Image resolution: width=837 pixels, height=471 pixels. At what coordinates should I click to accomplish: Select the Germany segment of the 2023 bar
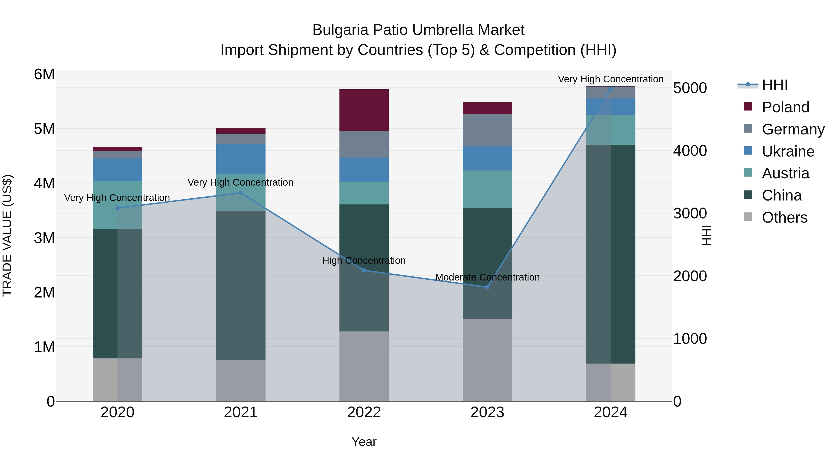pos(487,130)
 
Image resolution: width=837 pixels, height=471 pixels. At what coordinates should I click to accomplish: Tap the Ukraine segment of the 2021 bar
pos(241,159)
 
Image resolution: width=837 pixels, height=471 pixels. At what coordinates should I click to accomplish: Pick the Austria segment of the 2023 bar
pos(487,189)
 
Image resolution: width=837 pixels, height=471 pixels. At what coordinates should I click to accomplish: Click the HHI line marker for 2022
pos(364,271)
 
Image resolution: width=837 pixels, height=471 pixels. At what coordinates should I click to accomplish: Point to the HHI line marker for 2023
pos(487,287)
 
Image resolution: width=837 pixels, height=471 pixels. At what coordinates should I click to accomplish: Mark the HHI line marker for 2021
pos(241,193)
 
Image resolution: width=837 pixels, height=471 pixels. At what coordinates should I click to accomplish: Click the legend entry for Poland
pos(785,107)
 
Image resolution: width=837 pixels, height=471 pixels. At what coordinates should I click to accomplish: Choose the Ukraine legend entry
pos(788,151)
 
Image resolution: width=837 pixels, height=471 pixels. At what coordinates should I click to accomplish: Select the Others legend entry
pos(784,217)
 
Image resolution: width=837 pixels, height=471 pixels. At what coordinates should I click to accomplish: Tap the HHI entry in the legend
pos(775,85)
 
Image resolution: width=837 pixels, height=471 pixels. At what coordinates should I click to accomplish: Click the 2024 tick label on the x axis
pos(611,412)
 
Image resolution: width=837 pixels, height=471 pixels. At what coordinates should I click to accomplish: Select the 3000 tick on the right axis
pos(690,214)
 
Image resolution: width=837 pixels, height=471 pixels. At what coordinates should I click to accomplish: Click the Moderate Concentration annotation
pos(487,277)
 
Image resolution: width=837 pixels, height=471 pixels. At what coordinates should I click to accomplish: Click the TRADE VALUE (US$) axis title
pos(7,235)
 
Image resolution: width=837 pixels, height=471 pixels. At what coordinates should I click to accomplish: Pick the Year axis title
pos(364,442)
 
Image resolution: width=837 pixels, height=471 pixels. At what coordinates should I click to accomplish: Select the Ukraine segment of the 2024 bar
pos(611,107)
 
